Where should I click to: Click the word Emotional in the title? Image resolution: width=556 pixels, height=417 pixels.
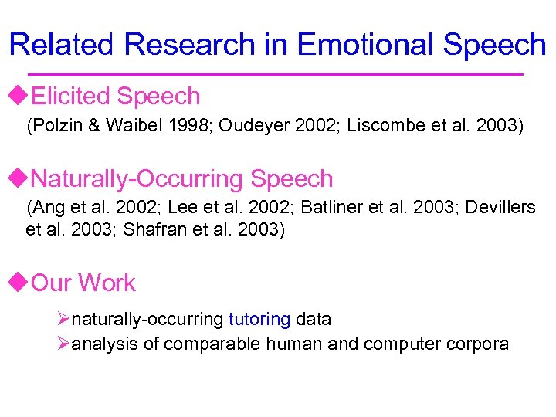coord(368,45)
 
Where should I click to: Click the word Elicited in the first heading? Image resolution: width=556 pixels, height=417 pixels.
coord(73,97)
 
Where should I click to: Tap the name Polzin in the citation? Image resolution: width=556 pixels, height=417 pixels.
coord(56,126)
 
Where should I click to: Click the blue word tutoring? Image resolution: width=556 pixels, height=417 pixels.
coord(259,319)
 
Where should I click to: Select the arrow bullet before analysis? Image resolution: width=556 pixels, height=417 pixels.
coord(64,344)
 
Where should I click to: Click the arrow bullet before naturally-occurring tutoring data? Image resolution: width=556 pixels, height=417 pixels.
coord(64,319)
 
